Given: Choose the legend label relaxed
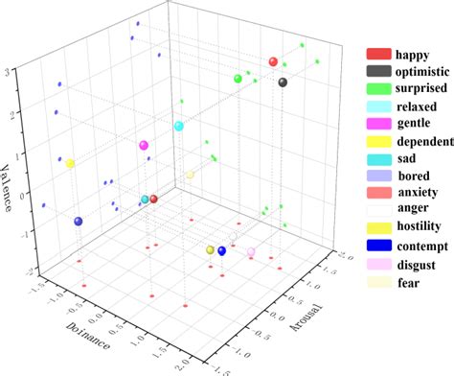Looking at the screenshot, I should (x=419, y=106).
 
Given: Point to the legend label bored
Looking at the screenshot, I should (x=414, y=176).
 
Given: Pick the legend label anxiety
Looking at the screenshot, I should (x=418, y=193).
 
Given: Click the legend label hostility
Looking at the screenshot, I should (x=422, y=227).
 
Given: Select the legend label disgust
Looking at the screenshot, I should (x=418, y=264).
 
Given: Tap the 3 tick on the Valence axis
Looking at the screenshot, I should (x=8, y=72).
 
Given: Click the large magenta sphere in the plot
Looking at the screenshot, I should (x=144, y=146).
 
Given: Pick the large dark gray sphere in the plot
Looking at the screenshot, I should (x=283, y=82).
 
